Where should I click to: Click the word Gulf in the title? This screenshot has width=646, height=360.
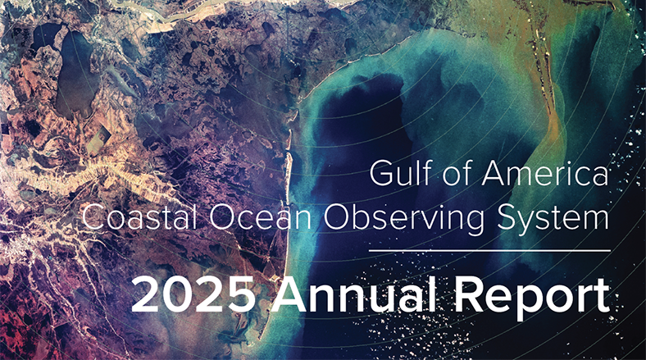click(x=398, y=174)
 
